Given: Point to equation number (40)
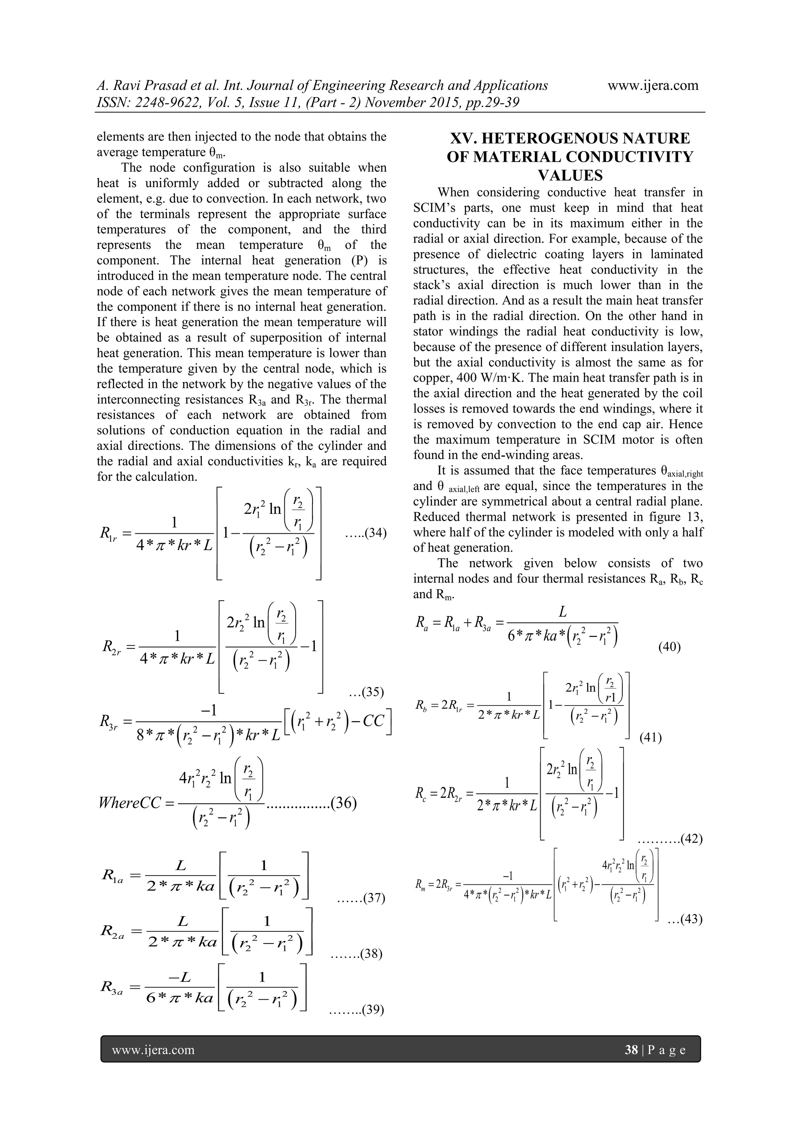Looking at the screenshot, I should pyautogui.click(x=670, y=647).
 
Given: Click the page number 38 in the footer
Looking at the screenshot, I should pyautogui.click(x=631, y=1050).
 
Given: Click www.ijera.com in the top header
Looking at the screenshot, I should pyautogui.click(x=653, y=85).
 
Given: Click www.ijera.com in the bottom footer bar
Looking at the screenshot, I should pyautogui.click(x=153, y=1050).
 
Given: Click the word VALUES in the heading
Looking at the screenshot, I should pyautogui.click(x=570, y=175).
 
